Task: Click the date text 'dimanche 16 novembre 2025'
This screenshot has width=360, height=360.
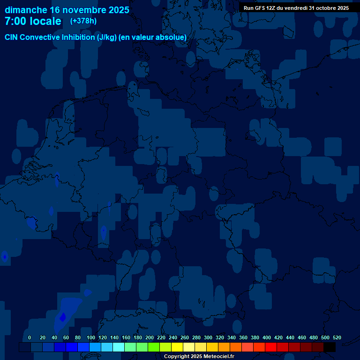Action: tap(67, 10)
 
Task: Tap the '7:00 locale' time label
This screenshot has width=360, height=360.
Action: tap(33, 21)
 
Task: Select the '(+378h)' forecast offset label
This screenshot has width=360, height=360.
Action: tap(83, 21)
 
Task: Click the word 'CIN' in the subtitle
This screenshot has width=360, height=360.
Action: tap(12, 37)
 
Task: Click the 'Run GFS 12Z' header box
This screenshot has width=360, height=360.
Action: tap(296, 8)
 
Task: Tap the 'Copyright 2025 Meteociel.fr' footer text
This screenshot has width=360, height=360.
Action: tap(199, 356)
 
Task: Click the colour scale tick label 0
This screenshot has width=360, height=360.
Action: tap(30, 337)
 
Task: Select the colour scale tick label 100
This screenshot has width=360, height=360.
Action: tap(90, 337)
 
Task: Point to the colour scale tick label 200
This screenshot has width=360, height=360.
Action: tap(150, 337)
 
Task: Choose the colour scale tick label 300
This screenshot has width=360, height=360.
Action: tap(208, 337)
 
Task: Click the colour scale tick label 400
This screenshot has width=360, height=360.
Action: tap(267, 337)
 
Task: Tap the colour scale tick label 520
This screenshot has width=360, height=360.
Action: tap(337, 337)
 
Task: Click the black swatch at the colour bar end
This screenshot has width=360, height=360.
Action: tap(330, 347)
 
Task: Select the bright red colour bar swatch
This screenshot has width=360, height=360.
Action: tap(271, 347)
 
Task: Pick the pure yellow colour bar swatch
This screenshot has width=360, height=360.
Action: tap(177, 347)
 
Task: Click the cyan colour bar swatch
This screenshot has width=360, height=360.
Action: tap(119, 347)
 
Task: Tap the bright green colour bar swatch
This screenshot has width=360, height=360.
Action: tap(154, 347)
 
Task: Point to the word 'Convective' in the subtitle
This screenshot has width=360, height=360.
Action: tap(38, 37)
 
